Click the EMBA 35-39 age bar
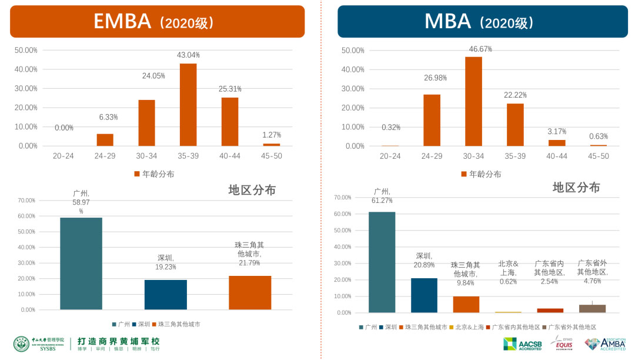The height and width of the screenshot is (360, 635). click(188, 105)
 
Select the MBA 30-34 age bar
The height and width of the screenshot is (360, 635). click(473, 101)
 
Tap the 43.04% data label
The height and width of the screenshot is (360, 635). click(188, 55)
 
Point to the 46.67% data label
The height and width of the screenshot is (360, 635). click(480, 48)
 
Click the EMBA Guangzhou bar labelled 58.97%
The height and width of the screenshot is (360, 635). click(81, 264)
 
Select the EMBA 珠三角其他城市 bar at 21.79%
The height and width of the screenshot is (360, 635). click(250, 292)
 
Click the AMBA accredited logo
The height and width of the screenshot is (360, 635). click(604, 344)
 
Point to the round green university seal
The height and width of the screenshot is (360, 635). click(21, 344)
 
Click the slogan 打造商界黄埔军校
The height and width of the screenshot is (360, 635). click(119, 341)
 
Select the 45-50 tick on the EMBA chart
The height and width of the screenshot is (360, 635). click(271, 156)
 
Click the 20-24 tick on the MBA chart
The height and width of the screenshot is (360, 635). click(390, 156)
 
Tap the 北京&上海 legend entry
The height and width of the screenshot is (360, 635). click(469, 327)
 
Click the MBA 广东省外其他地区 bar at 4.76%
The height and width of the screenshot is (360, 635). click(592, 308)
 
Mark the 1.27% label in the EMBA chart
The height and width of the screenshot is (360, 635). click(272, 135)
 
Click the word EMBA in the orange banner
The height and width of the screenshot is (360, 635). click(122, 21)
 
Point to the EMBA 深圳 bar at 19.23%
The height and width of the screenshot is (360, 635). click(165, 295)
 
